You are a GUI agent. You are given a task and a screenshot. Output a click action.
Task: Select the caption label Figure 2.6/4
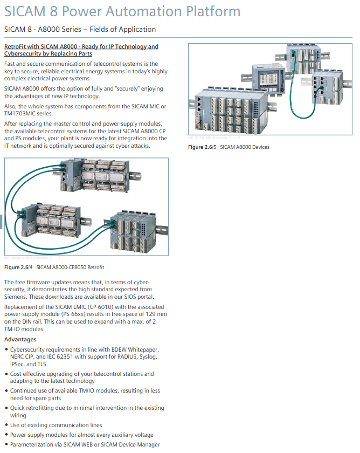(18, 267)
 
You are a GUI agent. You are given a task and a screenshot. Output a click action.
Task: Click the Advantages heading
(20, 339)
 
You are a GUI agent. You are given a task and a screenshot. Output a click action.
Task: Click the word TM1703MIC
(21, 113)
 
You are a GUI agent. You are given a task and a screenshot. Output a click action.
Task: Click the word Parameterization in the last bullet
(34, 444)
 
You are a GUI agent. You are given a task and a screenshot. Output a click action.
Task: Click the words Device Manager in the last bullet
(141, 444)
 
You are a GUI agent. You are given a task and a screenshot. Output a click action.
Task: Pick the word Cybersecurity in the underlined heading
(23, 54)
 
